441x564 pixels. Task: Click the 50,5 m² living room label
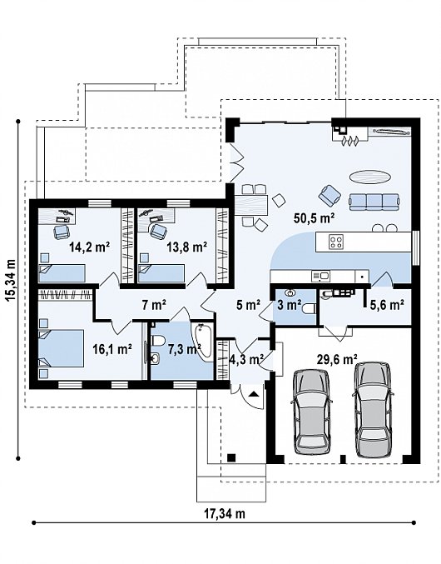point(315,217)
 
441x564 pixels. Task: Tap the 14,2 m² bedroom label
point(89,247)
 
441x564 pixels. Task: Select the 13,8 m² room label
point(186,247)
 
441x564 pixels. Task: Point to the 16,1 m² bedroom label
point(112,348)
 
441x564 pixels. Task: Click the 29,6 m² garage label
point(337,358)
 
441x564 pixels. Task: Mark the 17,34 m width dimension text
point(225,514)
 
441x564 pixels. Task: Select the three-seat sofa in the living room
point(374,202)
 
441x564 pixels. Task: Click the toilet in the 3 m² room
point(310,308)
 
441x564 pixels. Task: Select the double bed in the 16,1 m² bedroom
point(61,348)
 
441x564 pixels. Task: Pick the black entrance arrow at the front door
point(254,393)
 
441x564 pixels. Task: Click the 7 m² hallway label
point(154,306)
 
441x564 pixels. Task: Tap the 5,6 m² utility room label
point(385,305)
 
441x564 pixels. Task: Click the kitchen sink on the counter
point(321,277)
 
